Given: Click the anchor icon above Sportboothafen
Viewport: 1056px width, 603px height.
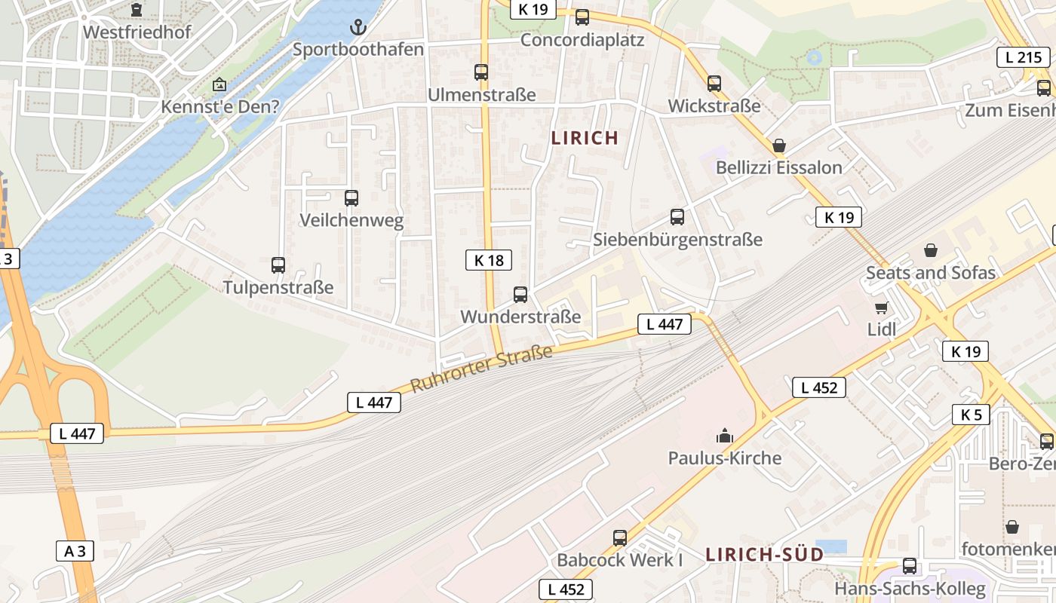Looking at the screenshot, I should [358, 29].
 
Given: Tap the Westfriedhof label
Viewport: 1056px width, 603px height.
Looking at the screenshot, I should [137, 32].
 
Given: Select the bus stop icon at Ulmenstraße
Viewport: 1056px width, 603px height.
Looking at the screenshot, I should [481, 72].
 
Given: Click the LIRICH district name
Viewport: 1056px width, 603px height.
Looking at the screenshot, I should [585, 138].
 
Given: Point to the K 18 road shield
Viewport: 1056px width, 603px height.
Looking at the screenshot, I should [489, 260].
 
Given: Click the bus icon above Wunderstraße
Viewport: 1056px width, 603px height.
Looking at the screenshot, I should [520, 295].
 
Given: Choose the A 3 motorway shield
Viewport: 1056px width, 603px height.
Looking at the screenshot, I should [75, 551].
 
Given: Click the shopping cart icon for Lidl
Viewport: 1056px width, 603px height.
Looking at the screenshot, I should [881, 308].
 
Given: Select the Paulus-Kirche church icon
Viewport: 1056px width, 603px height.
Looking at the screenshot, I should [725, 436].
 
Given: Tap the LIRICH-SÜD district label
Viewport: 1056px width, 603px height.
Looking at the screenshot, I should [764, 555].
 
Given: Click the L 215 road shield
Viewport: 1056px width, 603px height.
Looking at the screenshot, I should [1024, 57].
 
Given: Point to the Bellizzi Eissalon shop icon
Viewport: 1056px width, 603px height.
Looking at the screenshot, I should [778, 145].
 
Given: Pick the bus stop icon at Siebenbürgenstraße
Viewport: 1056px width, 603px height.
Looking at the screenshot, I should [677, 217].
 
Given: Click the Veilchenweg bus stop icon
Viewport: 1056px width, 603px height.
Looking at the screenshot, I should [351, 198].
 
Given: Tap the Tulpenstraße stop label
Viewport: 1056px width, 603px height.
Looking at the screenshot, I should [278, 287].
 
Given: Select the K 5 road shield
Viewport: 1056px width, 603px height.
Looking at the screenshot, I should [971, 414].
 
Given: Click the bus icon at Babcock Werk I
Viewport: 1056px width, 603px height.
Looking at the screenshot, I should [620, 538].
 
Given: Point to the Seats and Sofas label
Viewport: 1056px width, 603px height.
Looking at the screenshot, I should [931, 273].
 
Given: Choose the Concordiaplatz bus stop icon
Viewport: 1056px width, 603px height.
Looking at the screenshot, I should [582, 17].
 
